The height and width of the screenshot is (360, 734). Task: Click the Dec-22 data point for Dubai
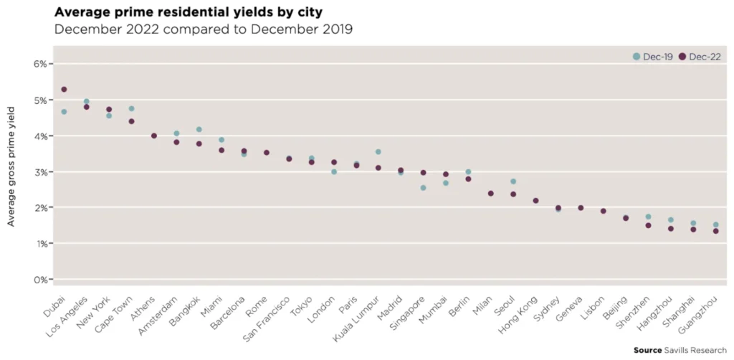tap(64, 90)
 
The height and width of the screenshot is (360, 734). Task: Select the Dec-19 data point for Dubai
tap(64, 112)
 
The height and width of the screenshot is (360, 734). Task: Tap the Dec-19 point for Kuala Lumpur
tap(378, 152)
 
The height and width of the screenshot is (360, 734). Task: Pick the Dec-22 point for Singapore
tap(423, 173)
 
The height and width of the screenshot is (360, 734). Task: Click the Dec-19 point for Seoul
tap(513, 181)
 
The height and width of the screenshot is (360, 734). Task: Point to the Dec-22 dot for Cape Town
tap(131, 121)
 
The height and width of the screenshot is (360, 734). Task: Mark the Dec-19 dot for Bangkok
tap(199, 130)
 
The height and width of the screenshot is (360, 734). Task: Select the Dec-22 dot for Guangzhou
tap(715, 231)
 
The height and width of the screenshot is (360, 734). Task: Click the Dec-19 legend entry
tap(652, 57)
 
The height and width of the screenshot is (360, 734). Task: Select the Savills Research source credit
tap(680, 351)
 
